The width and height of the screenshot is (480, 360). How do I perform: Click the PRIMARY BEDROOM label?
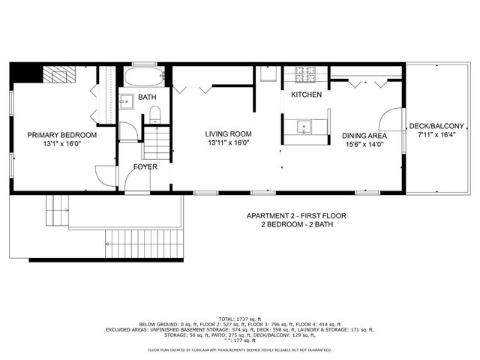tap(62, 135)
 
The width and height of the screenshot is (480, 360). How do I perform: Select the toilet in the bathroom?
tap(155, 115)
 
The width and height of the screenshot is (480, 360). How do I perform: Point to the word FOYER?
tap(145, 166)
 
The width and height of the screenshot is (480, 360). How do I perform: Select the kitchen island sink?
tap(304, 125)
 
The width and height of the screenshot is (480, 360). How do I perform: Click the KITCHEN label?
tap(306, 95)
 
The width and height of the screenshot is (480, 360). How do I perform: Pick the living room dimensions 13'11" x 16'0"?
tap(227, 142)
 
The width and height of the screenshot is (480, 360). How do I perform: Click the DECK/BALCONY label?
tap(436, 126)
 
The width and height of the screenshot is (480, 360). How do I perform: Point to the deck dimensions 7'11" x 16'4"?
tap(436, 135)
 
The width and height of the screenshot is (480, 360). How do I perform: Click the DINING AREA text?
tap(364, 136)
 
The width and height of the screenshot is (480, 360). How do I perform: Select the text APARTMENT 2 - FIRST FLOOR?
tap(296, 216)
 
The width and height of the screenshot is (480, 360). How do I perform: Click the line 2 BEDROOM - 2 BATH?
tap(296, 224)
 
